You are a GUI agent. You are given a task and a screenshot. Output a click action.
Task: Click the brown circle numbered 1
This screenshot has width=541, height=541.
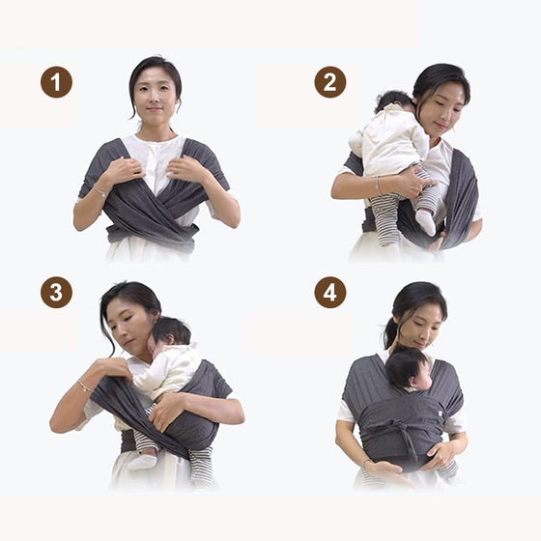click(56, 82)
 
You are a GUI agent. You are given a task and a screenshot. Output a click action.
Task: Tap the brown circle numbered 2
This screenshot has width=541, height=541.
click(330, 82)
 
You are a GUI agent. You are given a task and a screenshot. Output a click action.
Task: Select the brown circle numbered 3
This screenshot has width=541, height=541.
click(56, 292)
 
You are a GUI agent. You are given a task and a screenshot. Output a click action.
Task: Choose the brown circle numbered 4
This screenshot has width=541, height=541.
click(330, 292)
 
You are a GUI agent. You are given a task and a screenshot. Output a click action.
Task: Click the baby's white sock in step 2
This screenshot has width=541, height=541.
click(426, 222)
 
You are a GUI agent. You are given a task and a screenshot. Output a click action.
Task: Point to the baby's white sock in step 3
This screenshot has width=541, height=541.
click(143, 462)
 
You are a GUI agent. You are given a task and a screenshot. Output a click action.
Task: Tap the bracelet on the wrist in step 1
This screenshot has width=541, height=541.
click(100, 191)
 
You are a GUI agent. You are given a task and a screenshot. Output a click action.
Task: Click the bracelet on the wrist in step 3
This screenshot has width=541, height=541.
click(85, 385)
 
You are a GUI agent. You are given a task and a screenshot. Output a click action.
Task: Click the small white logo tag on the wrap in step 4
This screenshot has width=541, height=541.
click(441, 413)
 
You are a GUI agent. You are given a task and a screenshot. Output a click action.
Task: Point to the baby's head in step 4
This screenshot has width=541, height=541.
click(408, 368)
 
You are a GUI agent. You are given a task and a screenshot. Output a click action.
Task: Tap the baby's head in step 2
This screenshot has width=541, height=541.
click(394, 100)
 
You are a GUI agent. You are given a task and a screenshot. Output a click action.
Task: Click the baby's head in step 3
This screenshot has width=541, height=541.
click(170, 333)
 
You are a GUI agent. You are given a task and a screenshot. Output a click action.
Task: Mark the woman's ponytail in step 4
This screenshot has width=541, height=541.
click(390, 334)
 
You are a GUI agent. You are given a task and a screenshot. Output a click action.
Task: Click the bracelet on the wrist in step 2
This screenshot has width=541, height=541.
click(378, 185)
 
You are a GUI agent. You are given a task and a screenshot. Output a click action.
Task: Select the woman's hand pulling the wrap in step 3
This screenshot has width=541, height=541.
click(111, 366)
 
